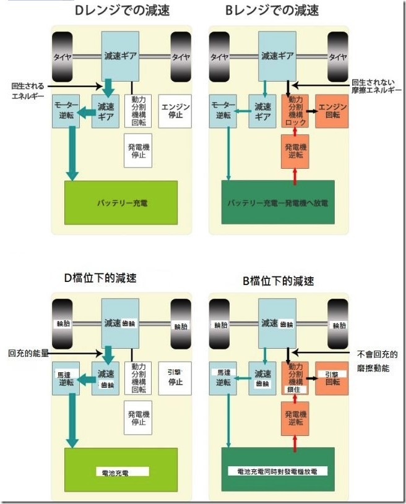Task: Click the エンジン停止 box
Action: [x=175, y=110]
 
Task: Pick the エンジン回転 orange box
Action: [x=332, y=111]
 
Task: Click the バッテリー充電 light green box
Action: [x=121, y=202]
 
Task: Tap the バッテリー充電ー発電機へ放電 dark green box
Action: [x=277, y=202]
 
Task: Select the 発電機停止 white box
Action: [x=137, y=150]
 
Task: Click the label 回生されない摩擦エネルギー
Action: [x=375, y=86]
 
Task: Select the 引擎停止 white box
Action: [x=175, y=377]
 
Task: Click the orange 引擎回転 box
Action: [x=332, y=378]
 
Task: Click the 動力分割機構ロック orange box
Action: [x=295, y=111]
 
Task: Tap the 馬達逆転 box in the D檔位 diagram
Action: [x=66, y=378]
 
